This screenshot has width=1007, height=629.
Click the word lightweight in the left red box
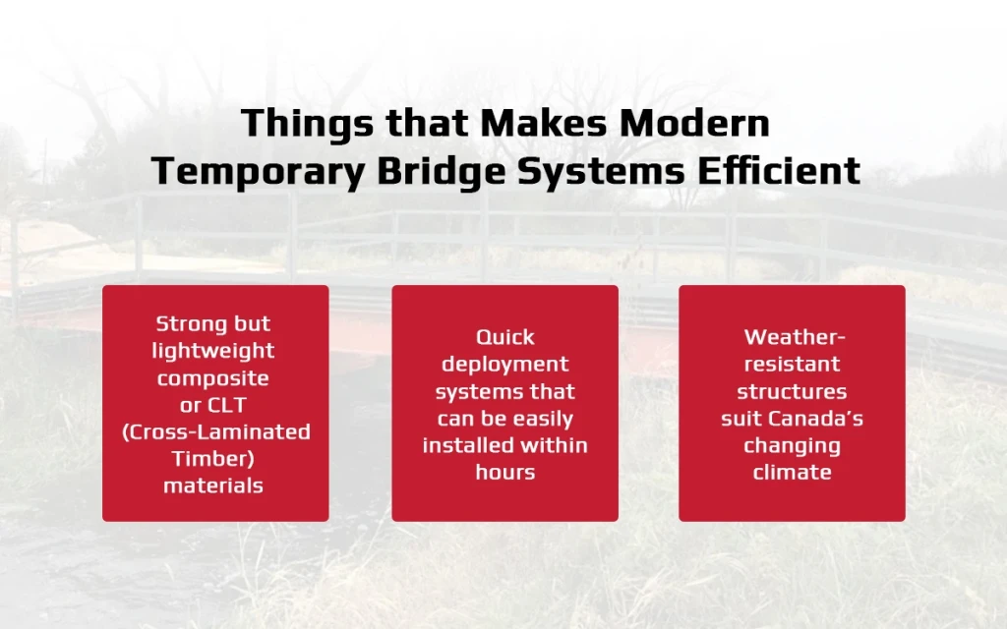(x=215, y=351)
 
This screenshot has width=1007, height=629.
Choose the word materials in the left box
(x=213, y=486)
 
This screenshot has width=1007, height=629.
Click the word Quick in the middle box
(x=504, y=337)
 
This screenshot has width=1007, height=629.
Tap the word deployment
(x=504, y=365)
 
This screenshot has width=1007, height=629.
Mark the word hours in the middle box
(x=504, y=472)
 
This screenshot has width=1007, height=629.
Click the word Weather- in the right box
(x=793, y=337)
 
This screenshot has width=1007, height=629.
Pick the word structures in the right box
(x=792, y=391)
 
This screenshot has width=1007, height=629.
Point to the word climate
(x=792, y=472)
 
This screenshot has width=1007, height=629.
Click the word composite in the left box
(x=213, y=377)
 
